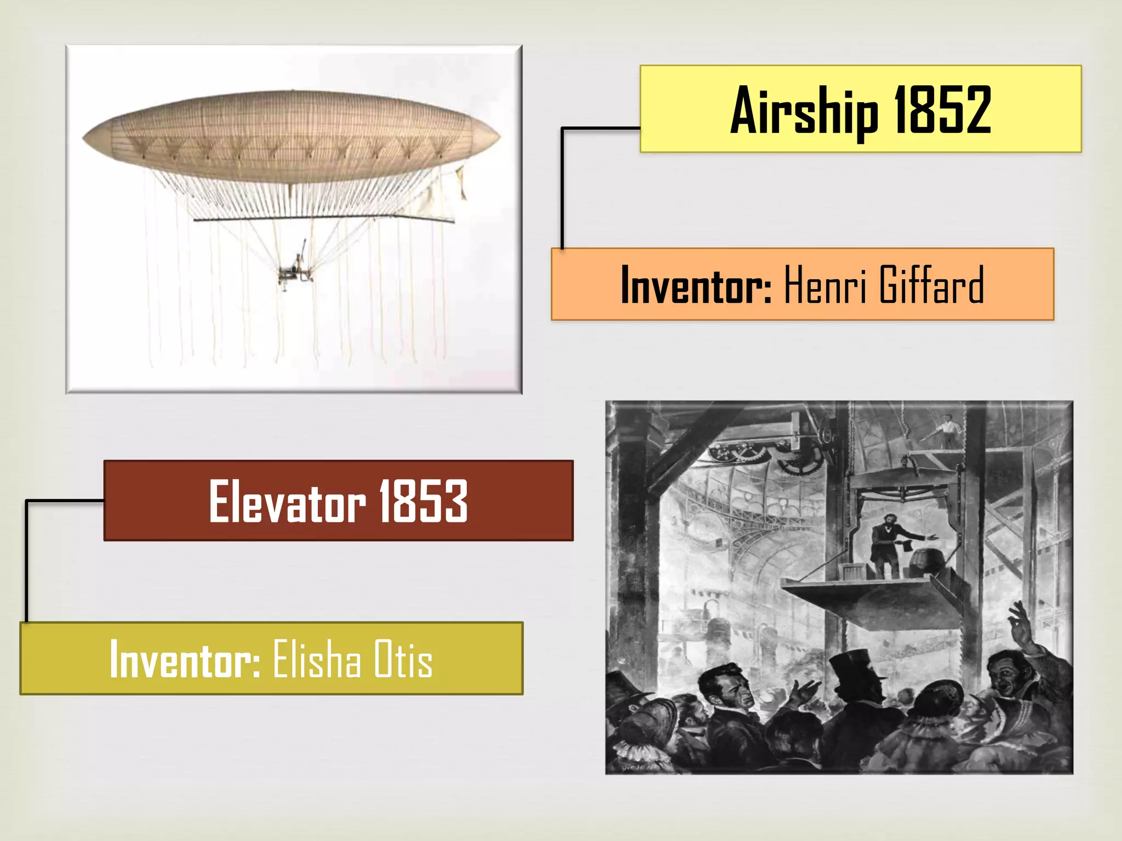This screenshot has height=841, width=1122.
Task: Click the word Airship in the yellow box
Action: coord(804,111)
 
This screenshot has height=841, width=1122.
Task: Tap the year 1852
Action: coord(942,111)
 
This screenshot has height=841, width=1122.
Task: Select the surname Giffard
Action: coord(931,285)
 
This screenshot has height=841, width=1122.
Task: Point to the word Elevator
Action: coord(287,502)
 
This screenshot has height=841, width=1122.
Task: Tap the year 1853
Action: coord(423,502)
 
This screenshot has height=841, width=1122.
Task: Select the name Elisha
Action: coord(317,659)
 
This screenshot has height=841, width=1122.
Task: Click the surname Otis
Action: coord(403,659)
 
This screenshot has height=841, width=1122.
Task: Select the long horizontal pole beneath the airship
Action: coord(323,218)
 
